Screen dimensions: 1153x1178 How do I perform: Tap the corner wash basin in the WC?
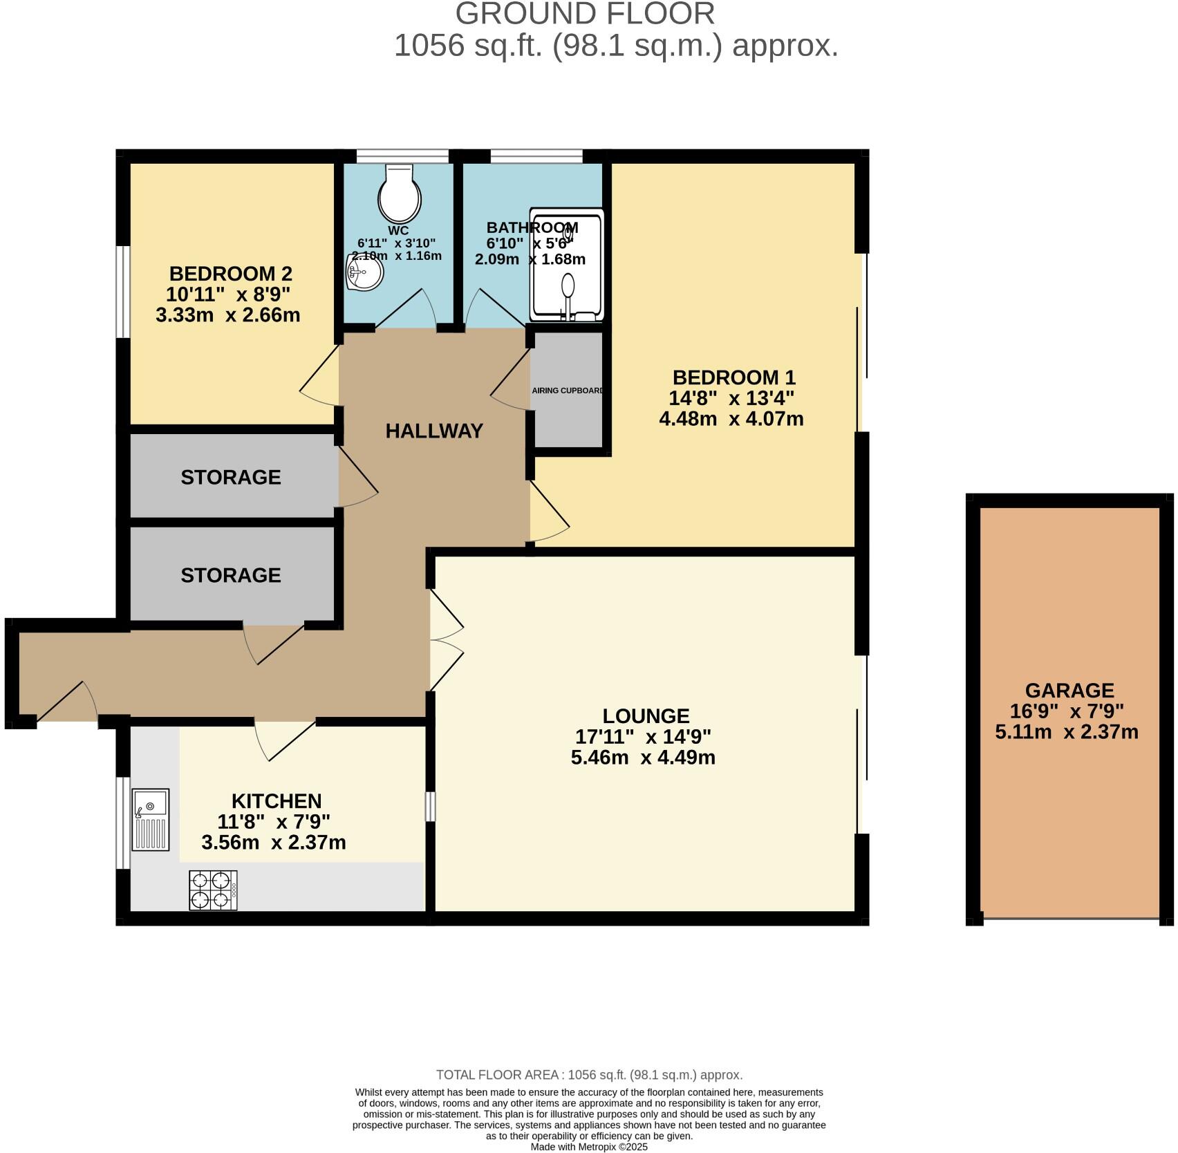click(x=363, y=274)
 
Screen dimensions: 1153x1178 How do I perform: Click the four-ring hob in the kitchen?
click(x=212, y=890)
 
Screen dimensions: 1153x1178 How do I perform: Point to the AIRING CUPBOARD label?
click(x=568, y=391)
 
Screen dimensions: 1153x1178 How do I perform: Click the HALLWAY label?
click(x=434, y=431)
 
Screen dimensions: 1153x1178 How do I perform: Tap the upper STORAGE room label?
click(x=231, y=477)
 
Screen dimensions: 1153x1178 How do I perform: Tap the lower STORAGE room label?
click(x=231, y=575)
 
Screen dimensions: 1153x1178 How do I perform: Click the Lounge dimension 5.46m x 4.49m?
click(x=643, y=758)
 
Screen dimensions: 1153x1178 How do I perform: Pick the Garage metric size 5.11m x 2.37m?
click(x=1067, y=732)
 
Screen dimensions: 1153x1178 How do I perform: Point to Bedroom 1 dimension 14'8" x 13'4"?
click(x=731, y=398)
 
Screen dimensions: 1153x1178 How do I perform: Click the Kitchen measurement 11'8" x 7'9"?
click(x=274, y=822)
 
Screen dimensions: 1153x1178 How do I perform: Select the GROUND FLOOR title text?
click(x=585, y=14)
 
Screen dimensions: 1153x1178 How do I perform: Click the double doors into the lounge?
click(x=446, y=639)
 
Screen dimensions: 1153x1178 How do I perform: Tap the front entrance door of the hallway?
click(x=68, y=702)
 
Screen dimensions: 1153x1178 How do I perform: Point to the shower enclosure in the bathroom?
click(x=566, y=265)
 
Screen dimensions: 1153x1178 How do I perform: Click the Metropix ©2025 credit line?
click(x=589, y=1147)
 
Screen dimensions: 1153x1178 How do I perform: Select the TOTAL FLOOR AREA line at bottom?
click(x=589, y=1075)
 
